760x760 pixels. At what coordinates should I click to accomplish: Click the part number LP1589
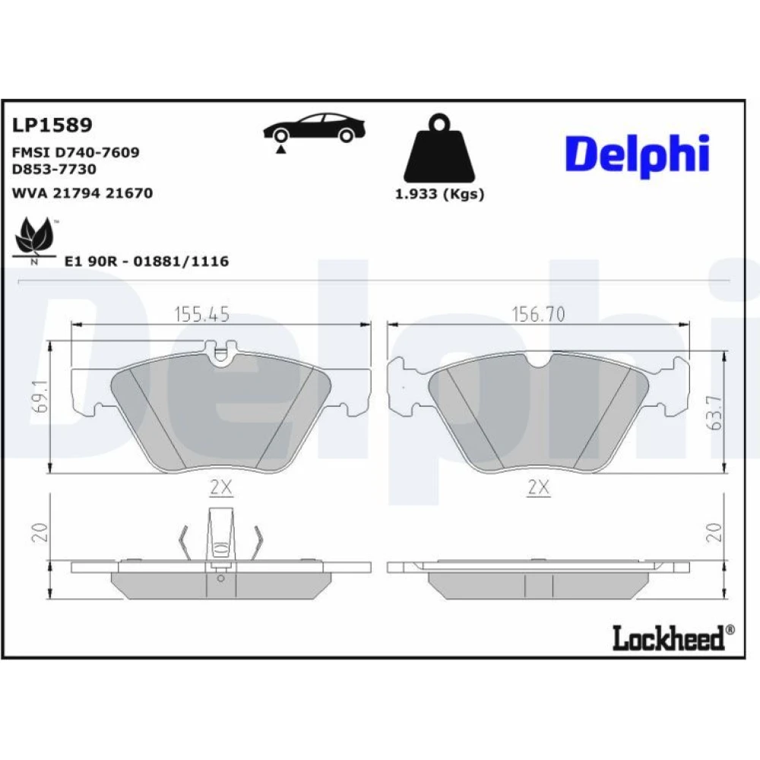tap(52, 125)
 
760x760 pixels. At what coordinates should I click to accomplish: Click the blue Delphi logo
tap(638, 154)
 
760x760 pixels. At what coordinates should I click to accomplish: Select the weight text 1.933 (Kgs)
tap(439, 194)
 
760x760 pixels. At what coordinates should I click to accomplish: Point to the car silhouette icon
tap(314, 128)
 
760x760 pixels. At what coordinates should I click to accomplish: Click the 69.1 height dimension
tap(41, 396)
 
